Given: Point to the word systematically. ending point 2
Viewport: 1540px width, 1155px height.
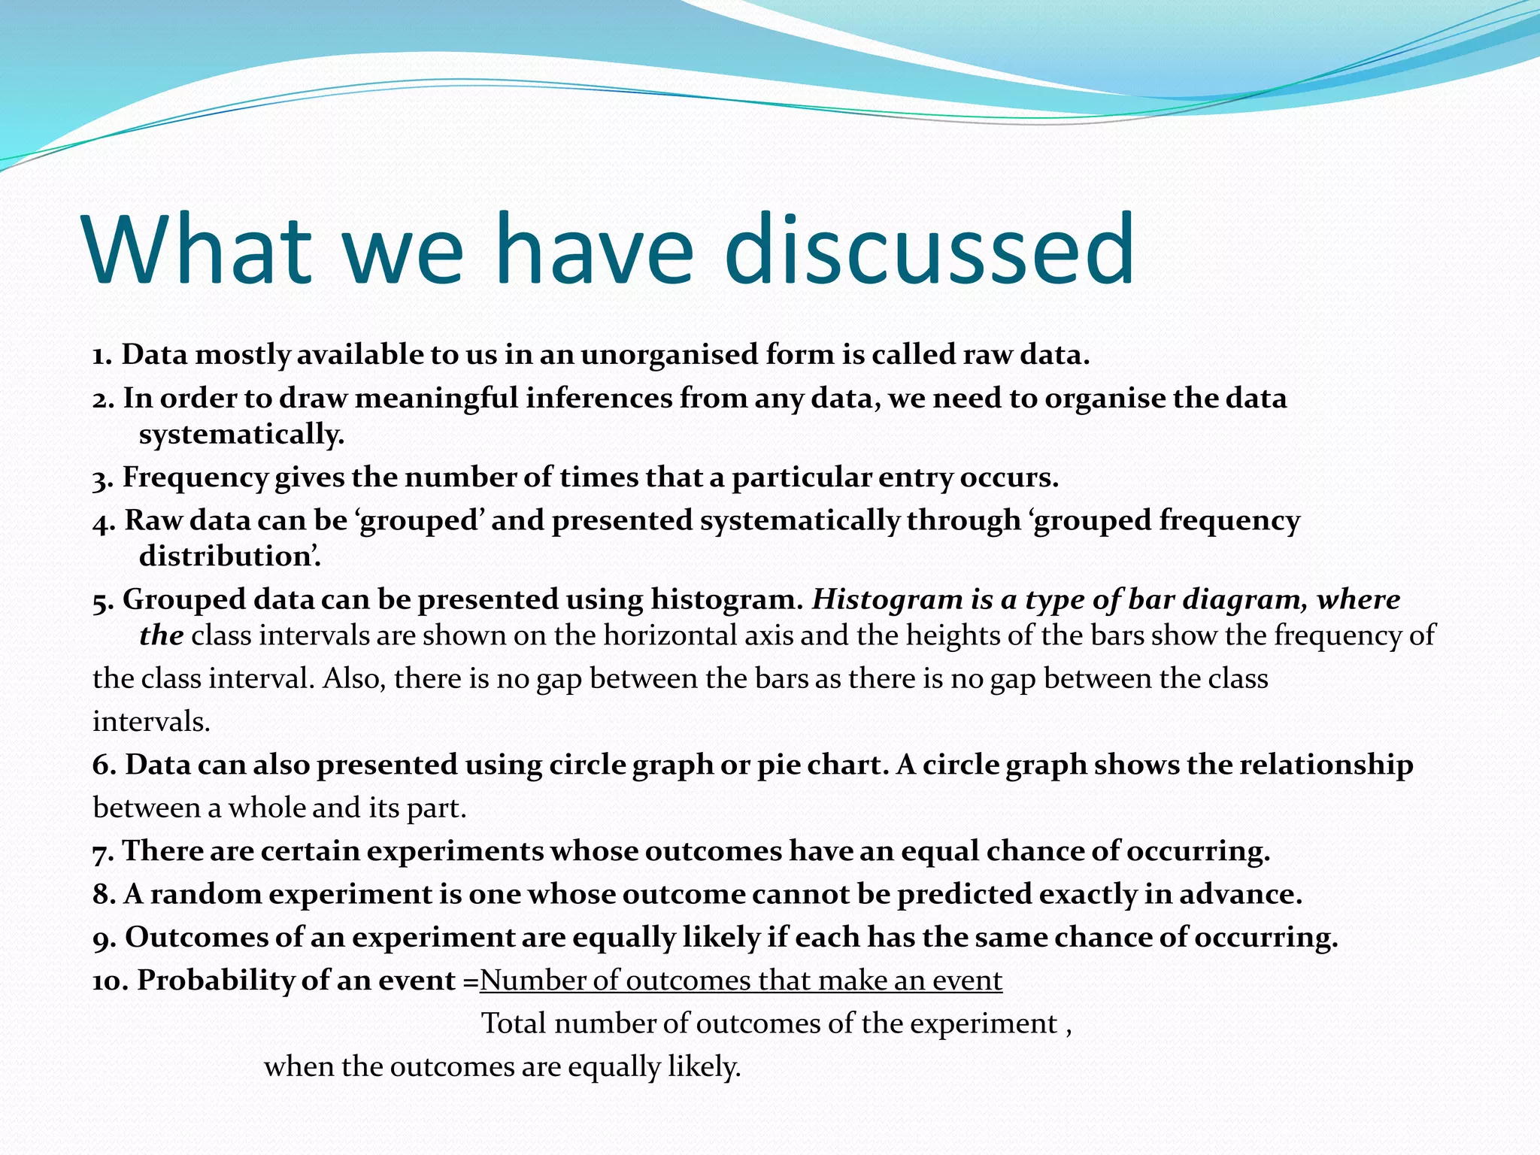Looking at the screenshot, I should pos(241,434).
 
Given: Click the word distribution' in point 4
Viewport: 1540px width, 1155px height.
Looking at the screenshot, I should pos(230,556).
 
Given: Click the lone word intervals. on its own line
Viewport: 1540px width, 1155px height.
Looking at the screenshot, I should pos(151,722).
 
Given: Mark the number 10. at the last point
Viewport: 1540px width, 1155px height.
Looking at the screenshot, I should pos(111,981).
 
